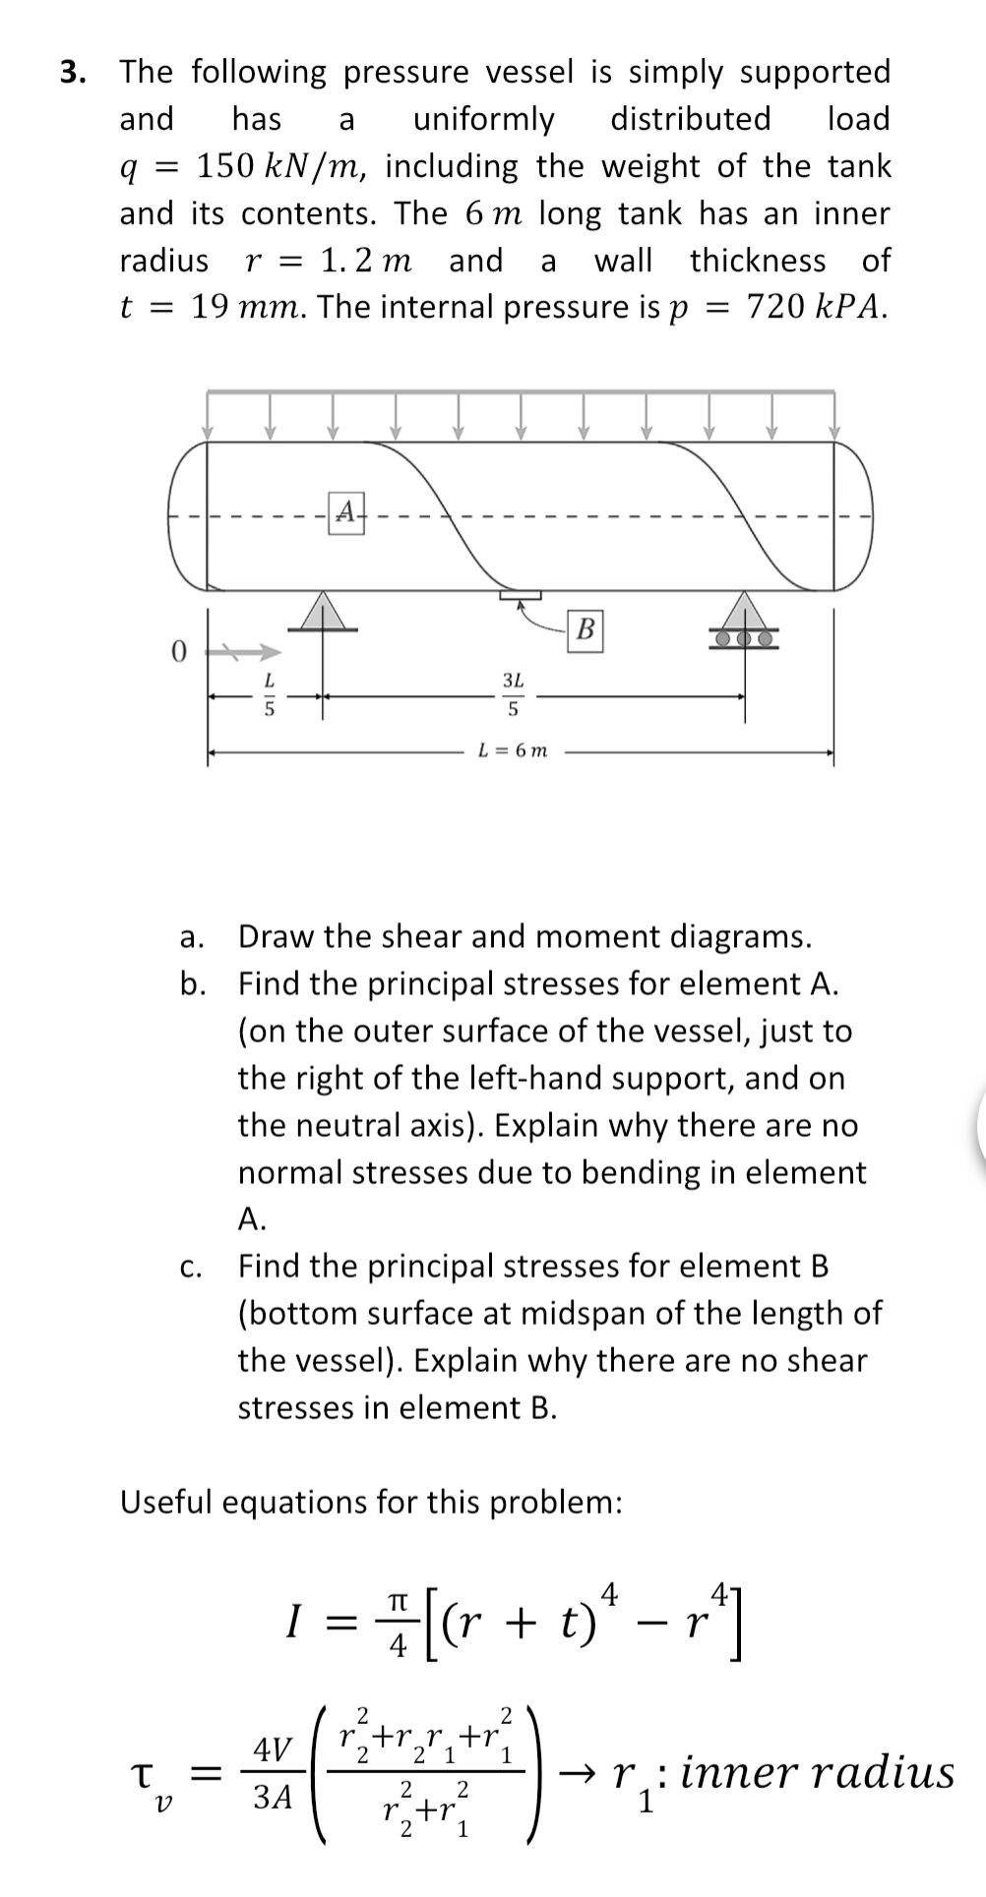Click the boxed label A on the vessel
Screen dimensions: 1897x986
click(x=344, y=511)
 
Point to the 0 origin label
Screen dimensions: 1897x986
click(x=177, y=651)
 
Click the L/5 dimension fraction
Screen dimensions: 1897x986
click(x=267, y=693)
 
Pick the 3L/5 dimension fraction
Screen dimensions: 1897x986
click(x=513, y=693)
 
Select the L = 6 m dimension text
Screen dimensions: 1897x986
click(x=513, y=751)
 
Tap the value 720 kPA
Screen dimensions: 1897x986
click(x=816, y=308)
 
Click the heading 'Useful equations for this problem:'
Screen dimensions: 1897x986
click(x=371, y=1503)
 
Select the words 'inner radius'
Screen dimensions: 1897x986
click(x=817, y=1773)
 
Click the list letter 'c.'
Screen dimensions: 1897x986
click(x=192, y=1268)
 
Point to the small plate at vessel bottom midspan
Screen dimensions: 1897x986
click(x=520, y=595)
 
